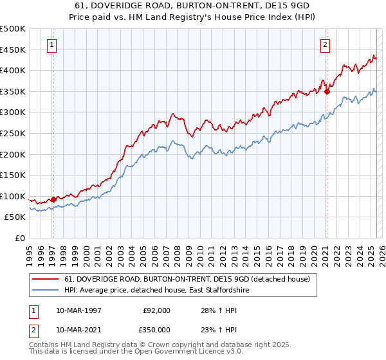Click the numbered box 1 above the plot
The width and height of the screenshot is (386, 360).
(51, 45)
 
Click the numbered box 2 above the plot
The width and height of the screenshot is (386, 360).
(326, 45)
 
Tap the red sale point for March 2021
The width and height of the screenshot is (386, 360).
(327, 91)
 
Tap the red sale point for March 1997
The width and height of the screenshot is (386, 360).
(53, 199)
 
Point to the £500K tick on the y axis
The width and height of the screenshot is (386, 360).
(13, 29)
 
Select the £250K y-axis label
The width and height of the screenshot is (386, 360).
(13, 134)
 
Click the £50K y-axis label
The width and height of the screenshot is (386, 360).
(15, 217)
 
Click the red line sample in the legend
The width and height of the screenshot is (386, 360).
(46, 279)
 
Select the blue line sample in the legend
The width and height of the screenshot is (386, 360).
(46, 291)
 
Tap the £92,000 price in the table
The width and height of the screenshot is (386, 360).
(157, 310)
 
